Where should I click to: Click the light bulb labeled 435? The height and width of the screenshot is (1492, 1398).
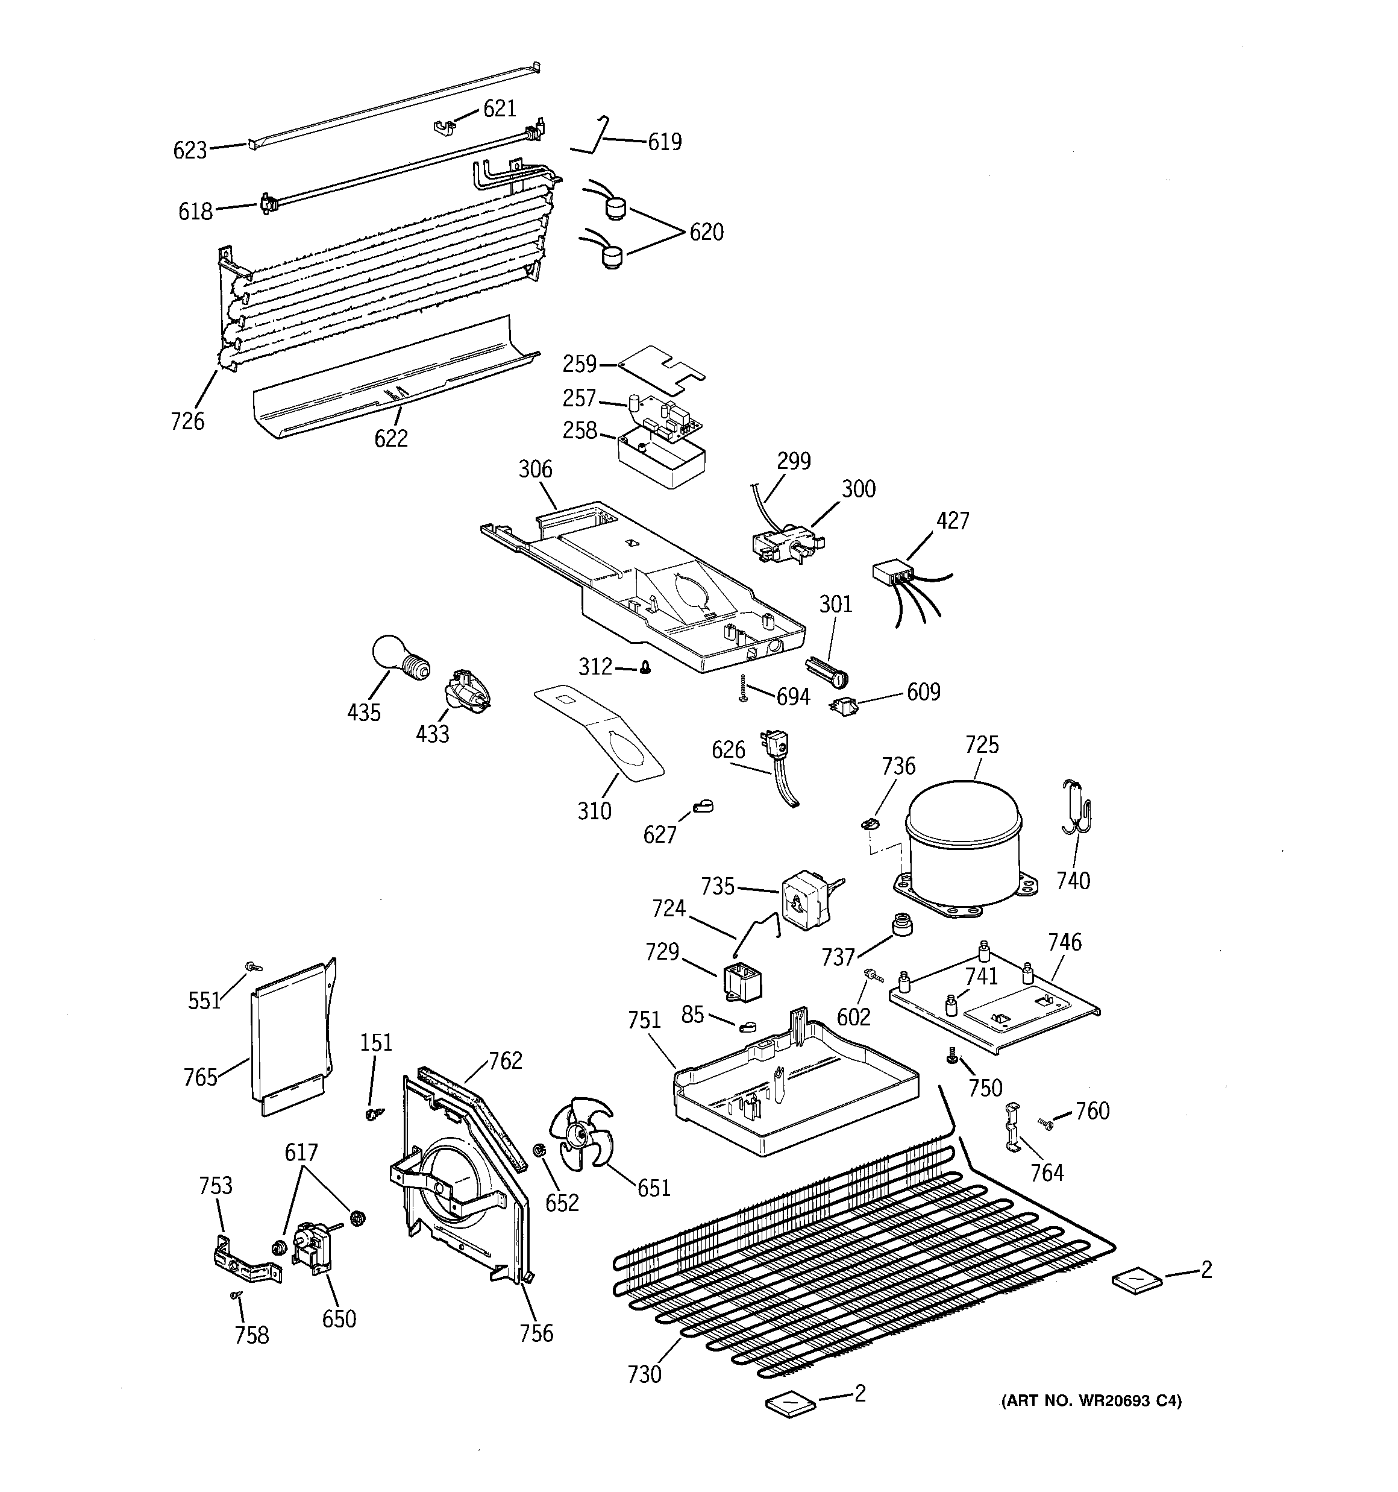(400, 658)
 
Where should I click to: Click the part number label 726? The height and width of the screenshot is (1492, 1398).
(187, 421)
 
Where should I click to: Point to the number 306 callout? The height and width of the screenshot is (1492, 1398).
(535, 470)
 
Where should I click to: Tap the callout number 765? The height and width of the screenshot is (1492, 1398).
(200, 1078)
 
